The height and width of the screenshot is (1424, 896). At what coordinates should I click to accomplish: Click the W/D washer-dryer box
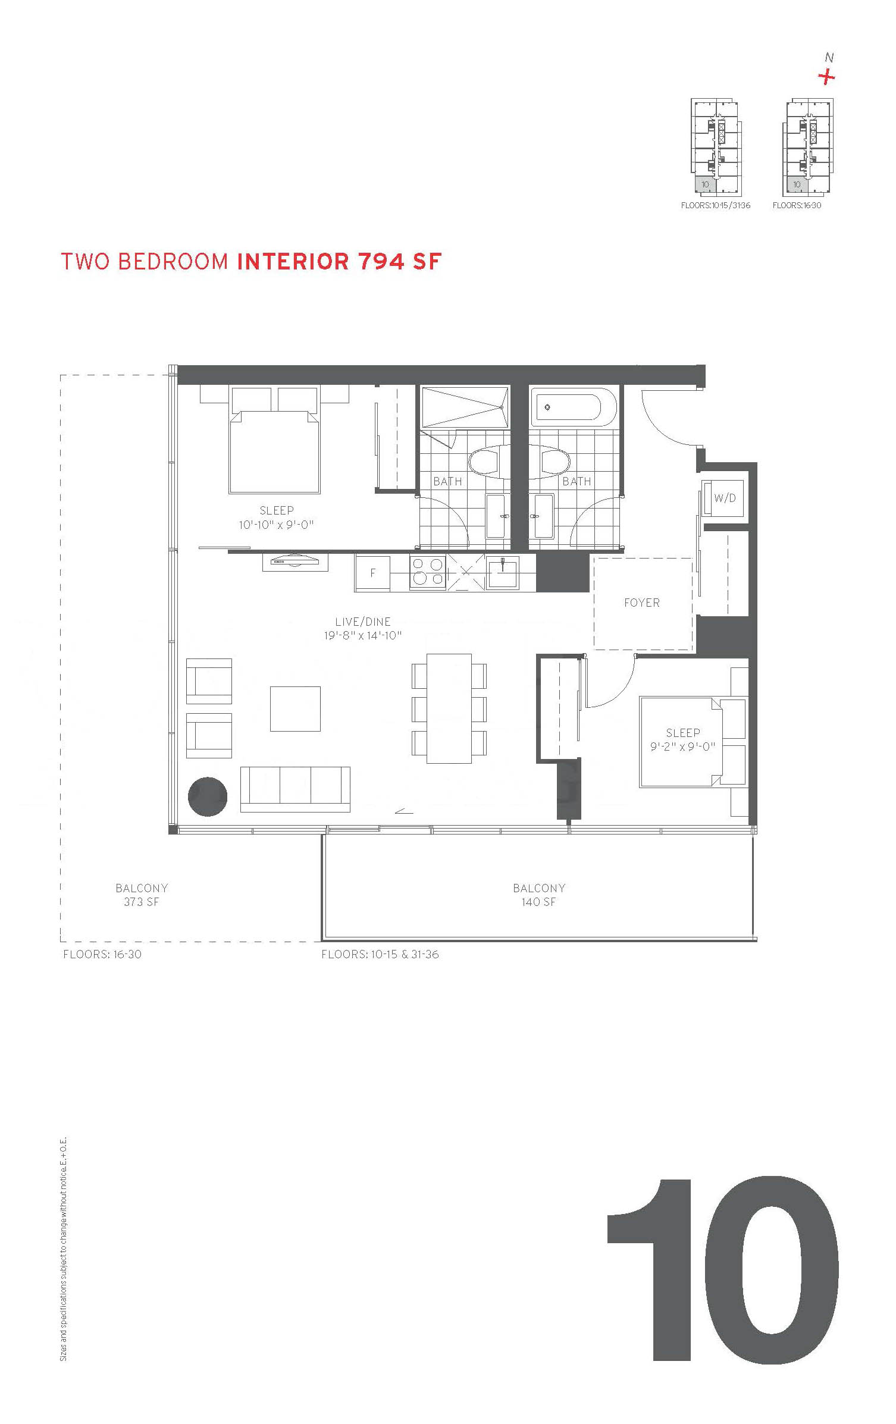click(x=723, y=498)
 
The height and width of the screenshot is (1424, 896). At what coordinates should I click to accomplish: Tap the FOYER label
click(x=642, y=603)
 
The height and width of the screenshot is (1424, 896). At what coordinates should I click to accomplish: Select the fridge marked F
click(x=373, y=573)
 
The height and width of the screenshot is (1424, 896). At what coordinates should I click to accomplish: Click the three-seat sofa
click(x=295, y=789)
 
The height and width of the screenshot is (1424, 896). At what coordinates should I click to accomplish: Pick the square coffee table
click(x=295, y=709)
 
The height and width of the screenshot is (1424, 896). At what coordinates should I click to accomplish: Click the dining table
click(x=449, y=708)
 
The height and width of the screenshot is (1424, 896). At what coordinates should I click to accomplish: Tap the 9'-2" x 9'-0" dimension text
click(x=683, y=746)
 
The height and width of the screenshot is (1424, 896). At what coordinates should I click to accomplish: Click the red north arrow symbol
click(x=826, y=77)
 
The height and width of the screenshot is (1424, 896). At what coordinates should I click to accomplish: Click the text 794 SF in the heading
click(x=400, y=262)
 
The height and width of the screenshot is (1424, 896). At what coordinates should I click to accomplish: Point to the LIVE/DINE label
click(x=363, y=622)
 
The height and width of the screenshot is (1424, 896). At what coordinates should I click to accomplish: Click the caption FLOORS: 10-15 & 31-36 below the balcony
click(x=380, y=955)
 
